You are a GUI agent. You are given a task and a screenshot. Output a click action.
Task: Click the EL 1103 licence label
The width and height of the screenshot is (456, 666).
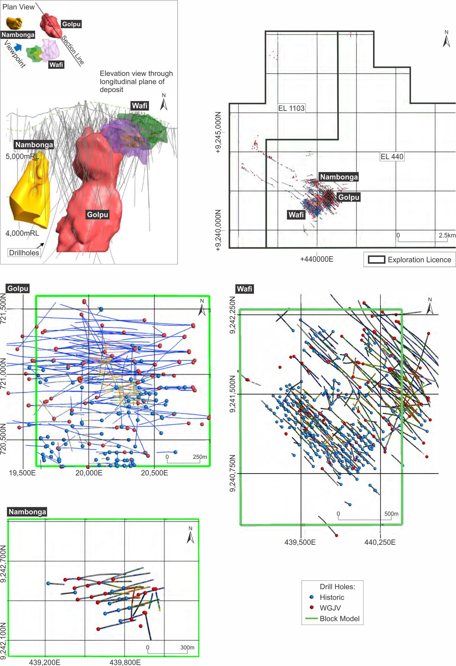[291, 108]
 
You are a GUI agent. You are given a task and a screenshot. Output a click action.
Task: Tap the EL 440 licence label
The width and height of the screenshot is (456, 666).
[392, 157]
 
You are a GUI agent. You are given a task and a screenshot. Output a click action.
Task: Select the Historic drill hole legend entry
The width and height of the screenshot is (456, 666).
[332, 597]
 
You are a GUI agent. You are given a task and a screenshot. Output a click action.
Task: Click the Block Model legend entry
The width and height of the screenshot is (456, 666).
[339, 618]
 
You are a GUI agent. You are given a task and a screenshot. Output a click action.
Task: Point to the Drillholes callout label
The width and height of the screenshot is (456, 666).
[24, 253]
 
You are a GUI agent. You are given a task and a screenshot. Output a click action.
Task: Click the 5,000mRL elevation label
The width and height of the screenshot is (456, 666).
[22, 157]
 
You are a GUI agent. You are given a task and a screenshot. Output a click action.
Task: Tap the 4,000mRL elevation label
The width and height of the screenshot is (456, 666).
[22, 233]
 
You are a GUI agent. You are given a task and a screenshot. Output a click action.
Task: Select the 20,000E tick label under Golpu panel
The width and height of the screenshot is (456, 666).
[89, 473]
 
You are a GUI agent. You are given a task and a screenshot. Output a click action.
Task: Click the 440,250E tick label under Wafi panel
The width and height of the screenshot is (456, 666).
[380, 542]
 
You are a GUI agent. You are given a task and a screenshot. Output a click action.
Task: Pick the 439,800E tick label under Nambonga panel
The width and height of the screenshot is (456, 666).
[125, 662]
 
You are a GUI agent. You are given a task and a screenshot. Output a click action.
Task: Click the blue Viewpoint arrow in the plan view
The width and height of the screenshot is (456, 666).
[18, 46]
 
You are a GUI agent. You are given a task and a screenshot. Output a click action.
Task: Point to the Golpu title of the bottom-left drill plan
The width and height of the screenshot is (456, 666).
[18, 288]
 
